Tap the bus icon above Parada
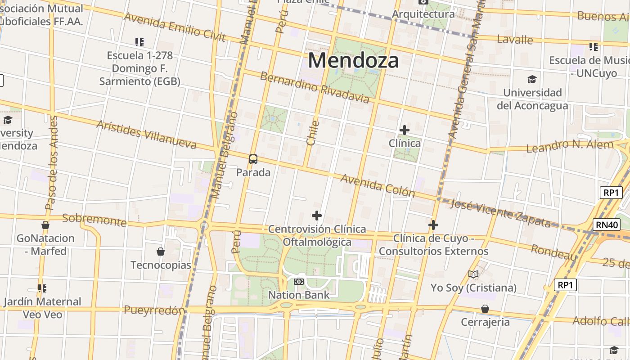[x=253, y=159]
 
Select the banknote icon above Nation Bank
[x=299, y=282]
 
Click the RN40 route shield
[x=606, y=224]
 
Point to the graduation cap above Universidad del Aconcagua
[x=532, y=80]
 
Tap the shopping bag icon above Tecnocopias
[x=161, y=252]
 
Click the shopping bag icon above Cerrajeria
[x=485, y=309]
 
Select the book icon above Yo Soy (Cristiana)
[x=473, y=274]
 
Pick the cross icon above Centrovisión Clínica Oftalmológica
[x=317, y=216]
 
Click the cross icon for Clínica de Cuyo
[x=433, y=225]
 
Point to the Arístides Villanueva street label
[x=146, y=135]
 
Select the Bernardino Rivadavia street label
[x=315, y=87]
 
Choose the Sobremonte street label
[x=94, y=220]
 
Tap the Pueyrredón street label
[x=154, y=310]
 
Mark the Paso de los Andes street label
[x=52, y=163]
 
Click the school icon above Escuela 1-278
[x=139, y=42]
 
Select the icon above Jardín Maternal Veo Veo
[x=42, y=288]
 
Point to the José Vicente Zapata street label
[x=500, y=213]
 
